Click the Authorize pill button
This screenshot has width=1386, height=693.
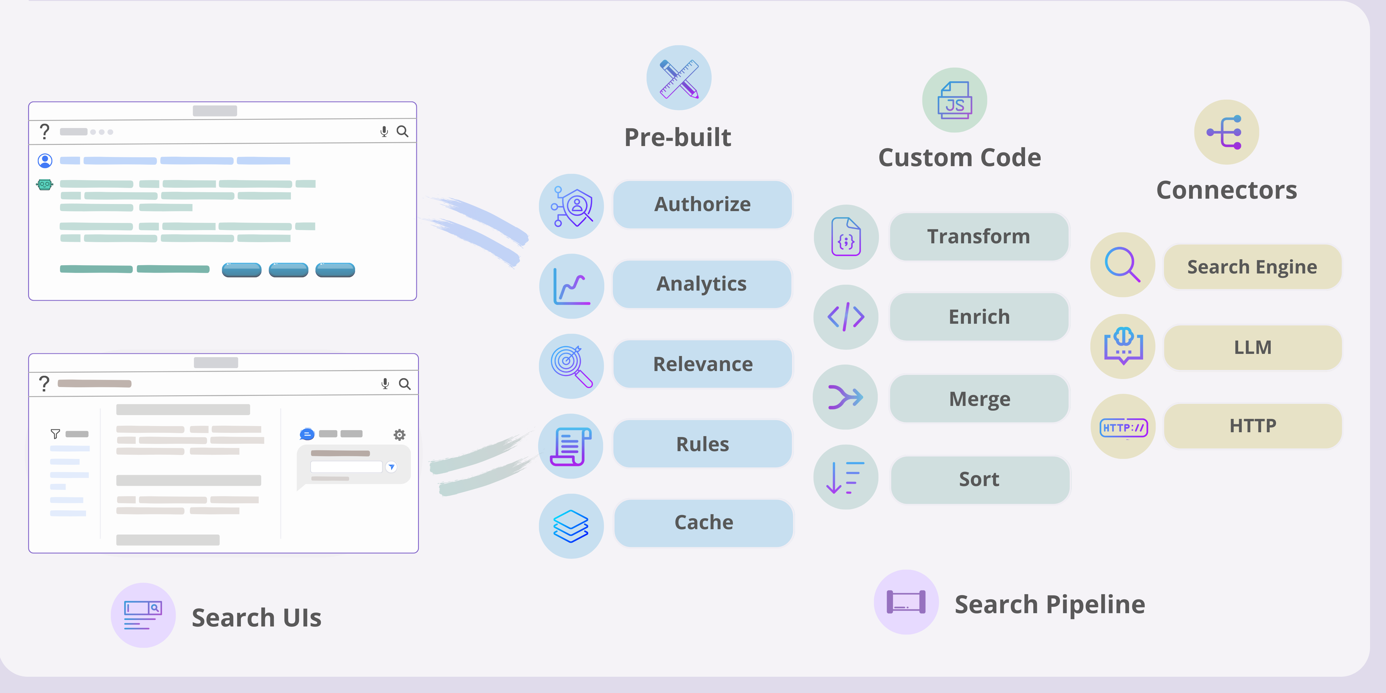click(x=702, y=205)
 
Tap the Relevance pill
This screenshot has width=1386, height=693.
click(x=703, y=364)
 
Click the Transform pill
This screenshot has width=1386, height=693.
click(x=979, y=237)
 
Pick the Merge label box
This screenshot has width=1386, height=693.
click(x=979, y=399)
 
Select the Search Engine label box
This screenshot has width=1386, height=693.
click(x=1252, y=267)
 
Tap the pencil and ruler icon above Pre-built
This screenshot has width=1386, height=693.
click(x=679, y=78)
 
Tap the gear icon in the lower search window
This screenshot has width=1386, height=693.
click(x=399, y=435)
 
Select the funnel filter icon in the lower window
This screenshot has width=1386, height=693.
click(x=55, y=434)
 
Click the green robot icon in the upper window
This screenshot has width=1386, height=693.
click(x=45, y=184)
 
